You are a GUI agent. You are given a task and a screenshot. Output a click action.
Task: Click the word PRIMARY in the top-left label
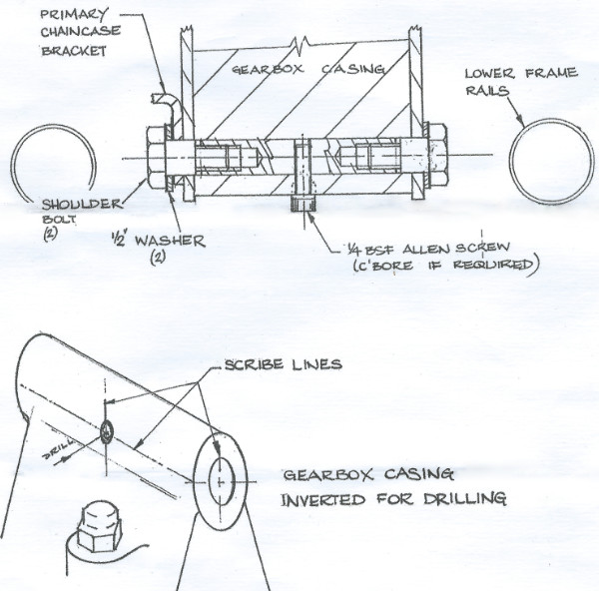[x=74, y=15]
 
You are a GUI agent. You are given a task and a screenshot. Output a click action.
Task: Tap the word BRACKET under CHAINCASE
[x=74, y=51]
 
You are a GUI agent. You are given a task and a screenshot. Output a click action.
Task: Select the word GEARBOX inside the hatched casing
[x=268, y=69]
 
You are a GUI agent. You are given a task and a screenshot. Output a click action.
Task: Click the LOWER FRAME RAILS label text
[x=521, y=82]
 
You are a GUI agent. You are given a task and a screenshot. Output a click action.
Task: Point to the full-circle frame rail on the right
[x=513, y=162]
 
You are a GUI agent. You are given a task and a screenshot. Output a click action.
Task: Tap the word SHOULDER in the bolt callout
[x=81, y=204]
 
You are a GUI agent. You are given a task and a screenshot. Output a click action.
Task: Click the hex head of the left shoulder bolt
[x=156, y=158]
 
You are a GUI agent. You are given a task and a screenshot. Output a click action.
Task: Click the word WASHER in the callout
[x=170, y=241]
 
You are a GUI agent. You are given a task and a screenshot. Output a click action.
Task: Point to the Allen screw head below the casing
[x=303, y=204]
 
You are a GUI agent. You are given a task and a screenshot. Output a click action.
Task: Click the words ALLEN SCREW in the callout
[x=456, y=249]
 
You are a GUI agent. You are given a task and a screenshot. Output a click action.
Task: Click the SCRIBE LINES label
[x=284, y=364]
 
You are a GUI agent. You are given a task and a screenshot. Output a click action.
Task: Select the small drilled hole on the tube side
[x=107, y=432]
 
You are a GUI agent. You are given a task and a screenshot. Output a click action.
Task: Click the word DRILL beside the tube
[x=58, y=449]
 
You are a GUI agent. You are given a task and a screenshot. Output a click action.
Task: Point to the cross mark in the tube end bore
[x=220, y=482]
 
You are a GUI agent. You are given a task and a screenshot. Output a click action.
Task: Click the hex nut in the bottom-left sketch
[x=98, y=527]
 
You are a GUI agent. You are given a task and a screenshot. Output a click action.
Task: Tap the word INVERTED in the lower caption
[x=322, y=499]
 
